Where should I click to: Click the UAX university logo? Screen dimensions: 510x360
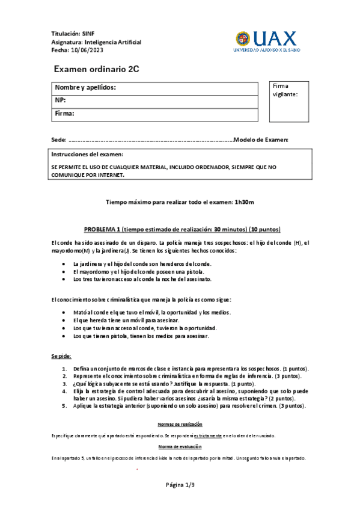(266, 41)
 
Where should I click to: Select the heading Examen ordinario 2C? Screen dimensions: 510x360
(96, 69)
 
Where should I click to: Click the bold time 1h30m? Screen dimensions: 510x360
(245, 202)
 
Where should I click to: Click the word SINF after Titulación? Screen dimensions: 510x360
(88, 34)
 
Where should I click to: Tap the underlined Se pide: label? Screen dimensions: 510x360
(61, 357)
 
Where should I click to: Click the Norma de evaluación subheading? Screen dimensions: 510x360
(180, 447)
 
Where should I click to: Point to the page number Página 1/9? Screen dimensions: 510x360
(180, 485)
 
